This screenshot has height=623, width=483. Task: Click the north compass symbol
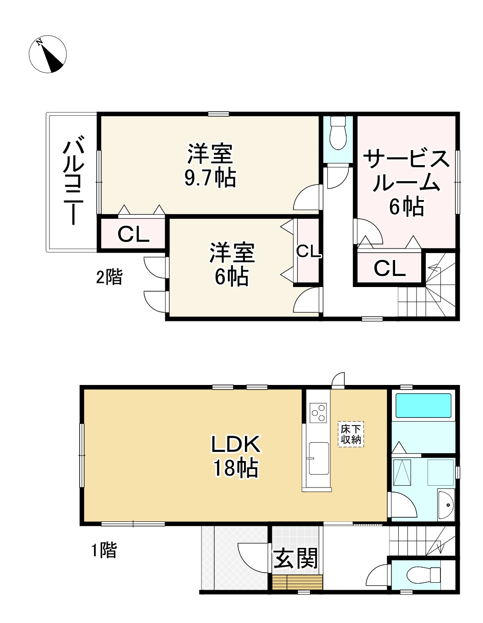point(48,54)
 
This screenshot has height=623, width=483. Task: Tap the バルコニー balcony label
point(72,183)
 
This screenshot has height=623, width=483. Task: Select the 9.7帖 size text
point(210,178)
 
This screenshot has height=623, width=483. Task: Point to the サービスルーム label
point(406,172)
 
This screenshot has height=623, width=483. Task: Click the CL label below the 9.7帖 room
point(133,235)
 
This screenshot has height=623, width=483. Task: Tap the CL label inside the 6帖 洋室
point(308,251)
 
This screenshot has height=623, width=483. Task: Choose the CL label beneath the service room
point(390,268)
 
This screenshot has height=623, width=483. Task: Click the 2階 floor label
point(109,277)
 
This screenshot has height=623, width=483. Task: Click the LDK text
point(235,444)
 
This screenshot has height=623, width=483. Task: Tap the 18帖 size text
point(235,468)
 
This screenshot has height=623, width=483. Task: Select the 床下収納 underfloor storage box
point(351,434)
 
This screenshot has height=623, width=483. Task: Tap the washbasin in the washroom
point(446,504)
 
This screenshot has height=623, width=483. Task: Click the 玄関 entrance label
point(295,559)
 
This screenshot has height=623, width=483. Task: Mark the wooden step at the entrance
point(298,582)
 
